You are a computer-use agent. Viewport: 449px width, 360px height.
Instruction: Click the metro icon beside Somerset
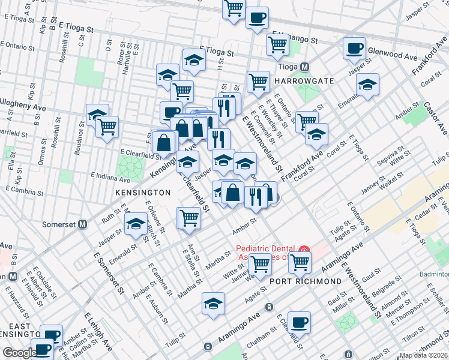tap(83, 224)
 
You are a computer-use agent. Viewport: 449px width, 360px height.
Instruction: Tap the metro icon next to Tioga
tap(305, 67)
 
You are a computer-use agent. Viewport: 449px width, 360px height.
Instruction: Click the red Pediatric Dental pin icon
tap(304, 249)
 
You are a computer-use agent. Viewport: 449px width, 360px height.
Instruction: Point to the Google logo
tap(19, 353)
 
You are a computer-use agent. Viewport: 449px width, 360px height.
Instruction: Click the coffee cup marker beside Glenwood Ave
tap(354, 48)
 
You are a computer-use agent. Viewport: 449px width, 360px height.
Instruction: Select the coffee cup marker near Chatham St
tap(299, 322)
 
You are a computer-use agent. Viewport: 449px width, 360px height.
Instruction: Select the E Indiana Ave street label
tap(110, 177)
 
